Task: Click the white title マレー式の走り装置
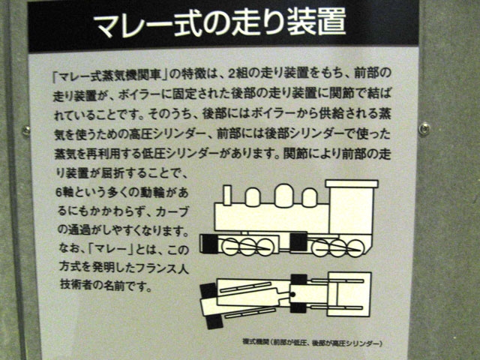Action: pos(220,22)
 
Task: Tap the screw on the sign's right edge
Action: pos(424,128)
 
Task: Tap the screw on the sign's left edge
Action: pos(27,131)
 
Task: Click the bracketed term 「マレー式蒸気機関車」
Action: pos(109,75)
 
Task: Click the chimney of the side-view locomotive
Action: pos(227,195)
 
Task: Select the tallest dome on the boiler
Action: pos(283,195)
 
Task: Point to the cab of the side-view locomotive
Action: pos(352,208)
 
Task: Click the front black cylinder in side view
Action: pos(210,244)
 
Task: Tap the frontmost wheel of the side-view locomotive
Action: pos(230,247)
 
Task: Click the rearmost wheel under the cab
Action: pos(356,247)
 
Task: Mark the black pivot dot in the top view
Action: pos(292,295)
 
